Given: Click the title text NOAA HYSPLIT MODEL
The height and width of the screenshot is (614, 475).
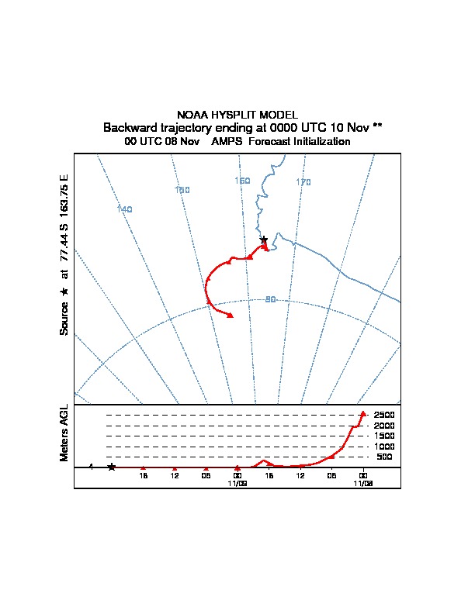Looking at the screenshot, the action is [x=237, y=115].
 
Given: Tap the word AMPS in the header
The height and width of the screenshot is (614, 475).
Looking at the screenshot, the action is [x=227, y=141].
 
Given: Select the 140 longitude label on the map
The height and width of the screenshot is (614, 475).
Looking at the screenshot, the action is [x=125, y=209].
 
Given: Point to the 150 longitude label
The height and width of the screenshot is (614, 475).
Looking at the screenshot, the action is [x=182, y=190].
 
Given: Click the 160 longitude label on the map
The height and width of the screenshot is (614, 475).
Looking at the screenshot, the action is [x=242, y=181].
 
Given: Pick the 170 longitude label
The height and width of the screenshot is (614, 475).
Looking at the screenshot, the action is [x=303, y=182].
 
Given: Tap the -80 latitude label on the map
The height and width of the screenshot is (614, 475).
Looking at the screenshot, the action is [x=269, y=299].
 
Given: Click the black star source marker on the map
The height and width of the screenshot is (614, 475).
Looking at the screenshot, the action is [x=264, y=240].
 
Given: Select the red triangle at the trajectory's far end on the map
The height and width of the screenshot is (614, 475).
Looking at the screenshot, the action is [x=230, y=316].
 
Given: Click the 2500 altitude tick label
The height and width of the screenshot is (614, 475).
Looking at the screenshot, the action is [x=384, y=415].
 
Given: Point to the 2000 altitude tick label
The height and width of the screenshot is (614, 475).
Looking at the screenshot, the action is [x=384, y=426].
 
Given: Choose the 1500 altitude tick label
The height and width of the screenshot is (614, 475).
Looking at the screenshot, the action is [x=384, y=436].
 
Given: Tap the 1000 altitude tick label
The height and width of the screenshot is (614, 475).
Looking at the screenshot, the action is [x=384, y=447].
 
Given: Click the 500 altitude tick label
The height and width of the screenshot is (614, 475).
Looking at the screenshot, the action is [x=384, y=457].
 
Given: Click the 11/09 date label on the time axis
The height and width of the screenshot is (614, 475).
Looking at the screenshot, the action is [x=237, y=484].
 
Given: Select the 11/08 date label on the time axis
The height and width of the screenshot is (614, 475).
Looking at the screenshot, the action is [x=363, y=484].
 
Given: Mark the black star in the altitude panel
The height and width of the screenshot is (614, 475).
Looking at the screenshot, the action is [x=112, y=467].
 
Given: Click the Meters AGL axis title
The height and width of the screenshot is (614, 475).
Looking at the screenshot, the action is [x=64, y=433].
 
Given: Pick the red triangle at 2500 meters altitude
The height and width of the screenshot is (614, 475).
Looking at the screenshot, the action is [x=363, y=413].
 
